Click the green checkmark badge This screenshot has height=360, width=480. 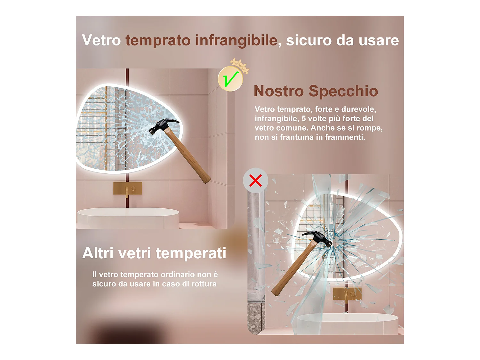[x=230, y=79]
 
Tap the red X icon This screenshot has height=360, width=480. [x=255, y=180]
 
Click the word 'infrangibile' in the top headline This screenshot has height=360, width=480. [x=236, y=41]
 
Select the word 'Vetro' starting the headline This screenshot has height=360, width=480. [x=101, y=41]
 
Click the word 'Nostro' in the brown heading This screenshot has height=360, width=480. [x=278, y=91]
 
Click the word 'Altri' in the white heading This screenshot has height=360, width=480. [x=98, y=253]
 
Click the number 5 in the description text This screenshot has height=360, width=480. [x=304, y=119]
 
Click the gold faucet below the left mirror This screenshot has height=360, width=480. [x=128, y=189]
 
